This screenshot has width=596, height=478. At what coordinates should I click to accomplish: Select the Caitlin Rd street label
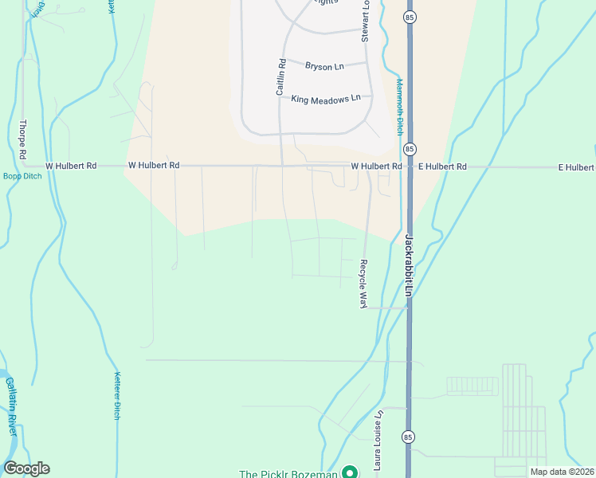tap(280, 77)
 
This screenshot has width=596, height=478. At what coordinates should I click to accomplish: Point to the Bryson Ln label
tap(323, 66)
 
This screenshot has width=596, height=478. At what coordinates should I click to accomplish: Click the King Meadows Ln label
tap(326, 99)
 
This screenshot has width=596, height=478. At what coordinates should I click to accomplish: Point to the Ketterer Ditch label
tap(117, 396)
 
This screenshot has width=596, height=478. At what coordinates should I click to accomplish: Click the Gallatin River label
tap(11, 405)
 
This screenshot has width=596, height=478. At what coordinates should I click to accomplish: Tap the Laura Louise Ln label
tap(380, 437)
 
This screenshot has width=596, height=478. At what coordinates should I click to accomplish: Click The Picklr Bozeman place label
tap(288, 474)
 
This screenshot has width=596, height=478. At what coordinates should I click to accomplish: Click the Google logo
tap(26, 468)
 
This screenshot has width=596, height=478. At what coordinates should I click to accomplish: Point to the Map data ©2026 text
tap(561, 472)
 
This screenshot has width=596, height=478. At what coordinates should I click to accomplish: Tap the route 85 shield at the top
tap(410, 17)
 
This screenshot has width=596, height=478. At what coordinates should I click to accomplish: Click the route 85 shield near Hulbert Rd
tap(410, 149)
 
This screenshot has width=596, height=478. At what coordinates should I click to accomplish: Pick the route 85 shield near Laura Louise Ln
tap(409, 437)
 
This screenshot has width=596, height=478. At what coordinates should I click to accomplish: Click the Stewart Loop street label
tap(366, 23)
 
